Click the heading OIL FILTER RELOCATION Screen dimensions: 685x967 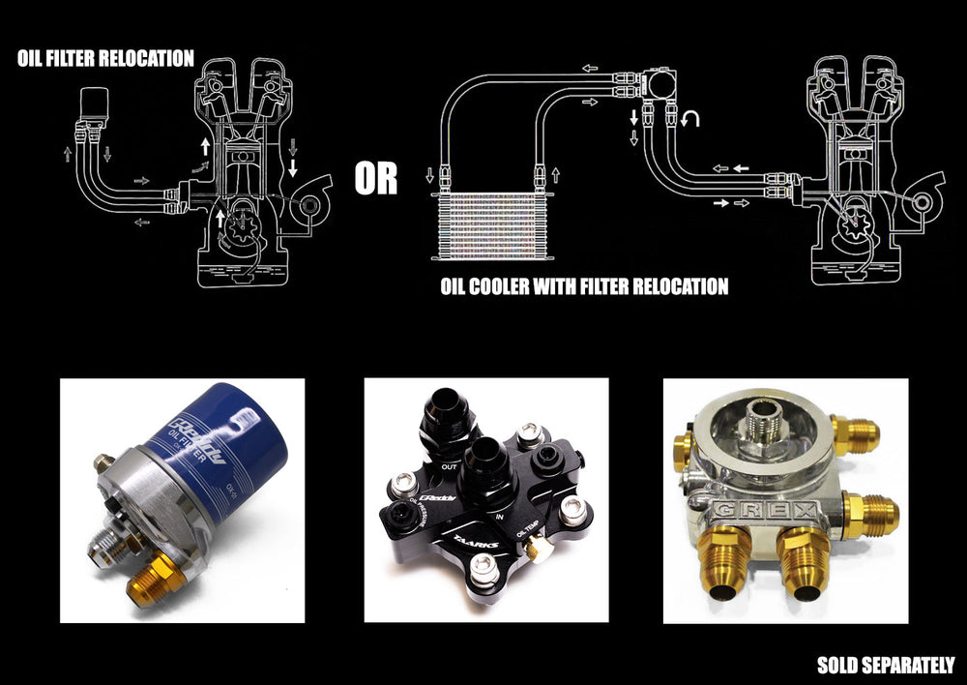coord(105,58)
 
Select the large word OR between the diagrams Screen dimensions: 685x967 coord(375,179)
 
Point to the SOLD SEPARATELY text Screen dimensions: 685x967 coord(885,665)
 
